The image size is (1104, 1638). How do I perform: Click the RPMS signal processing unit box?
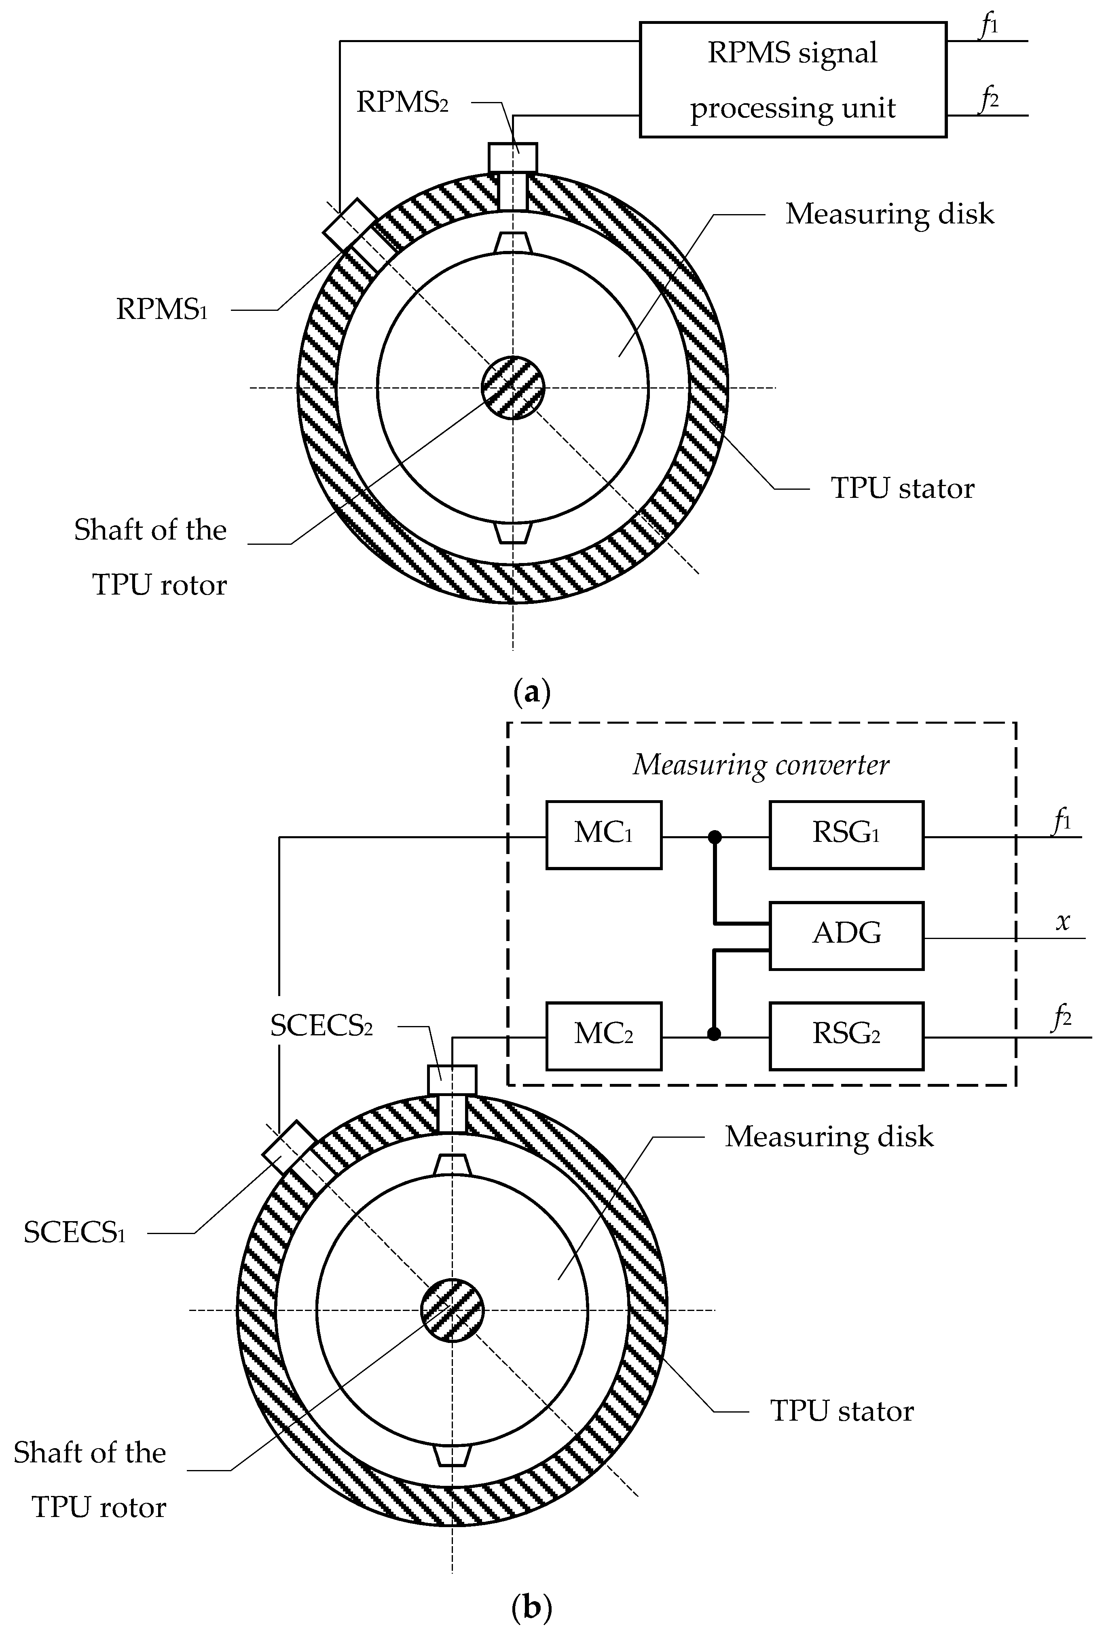click(793, 80)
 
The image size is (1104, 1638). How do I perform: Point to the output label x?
click(1062, 922)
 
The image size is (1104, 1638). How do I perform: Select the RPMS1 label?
click(162, 309)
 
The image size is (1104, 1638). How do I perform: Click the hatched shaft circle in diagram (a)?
click(513, 387)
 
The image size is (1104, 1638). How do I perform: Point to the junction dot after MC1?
click(715, 837)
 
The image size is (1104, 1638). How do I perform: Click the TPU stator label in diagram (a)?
click(903, 488)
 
